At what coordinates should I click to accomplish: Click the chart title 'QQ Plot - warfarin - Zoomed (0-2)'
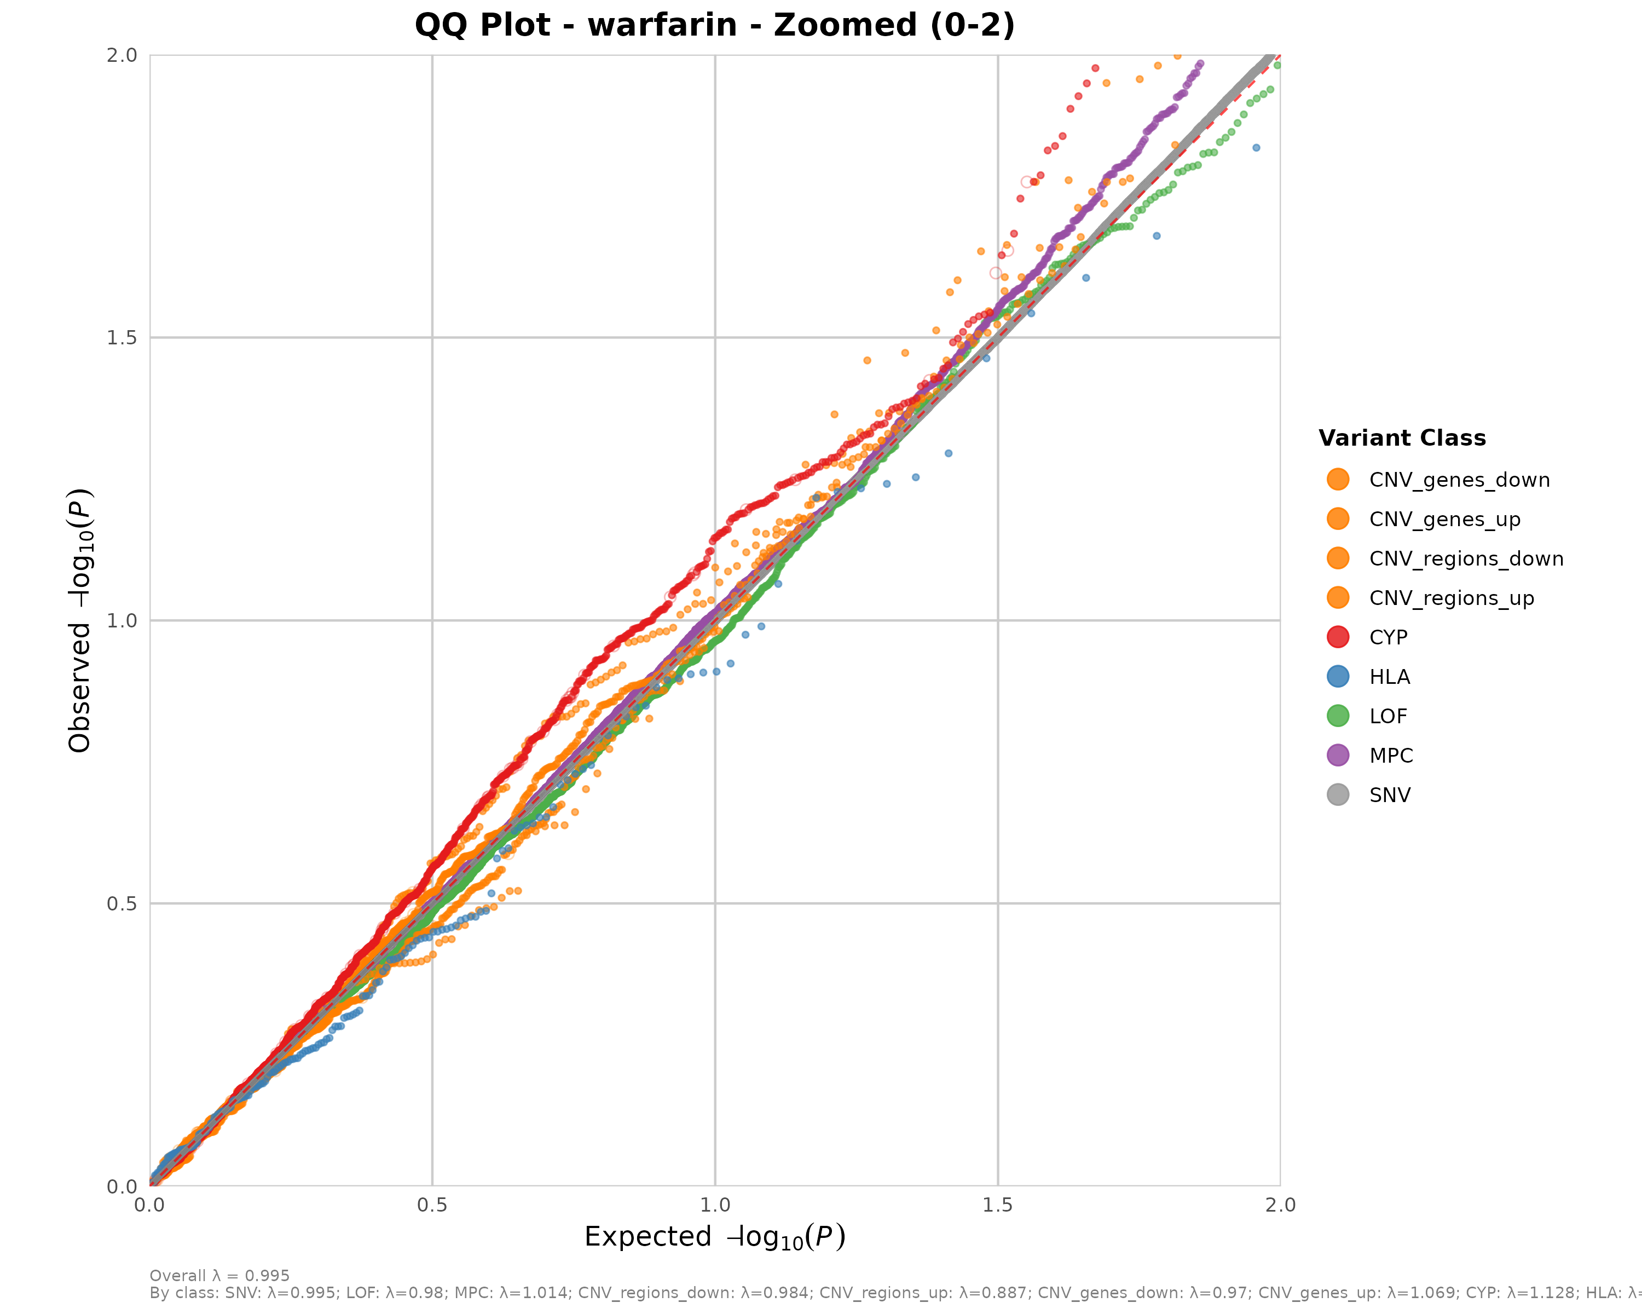coord(714,25)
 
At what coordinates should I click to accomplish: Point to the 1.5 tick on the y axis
coord(122,337)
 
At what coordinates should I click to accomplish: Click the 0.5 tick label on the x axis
coord(432,1206)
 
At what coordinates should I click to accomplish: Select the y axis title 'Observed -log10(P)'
coord(80,620)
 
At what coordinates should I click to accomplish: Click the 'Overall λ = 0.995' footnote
coord(219,1276)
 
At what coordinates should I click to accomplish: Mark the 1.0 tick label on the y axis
coord(122,621)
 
